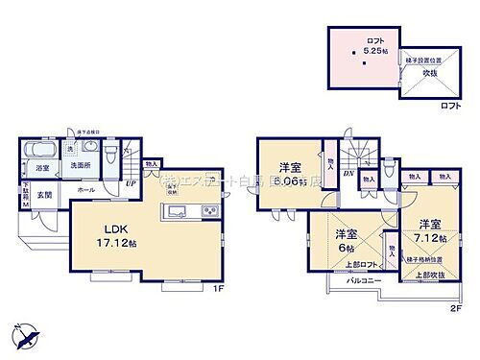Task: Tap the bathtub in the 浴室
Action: tap(37, 151)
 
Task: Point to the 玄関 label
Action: tap(45, 196)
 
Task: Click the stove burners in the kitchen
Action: tap(212, 211)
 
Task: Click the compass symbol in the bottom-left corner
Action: tap(26, 337)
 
